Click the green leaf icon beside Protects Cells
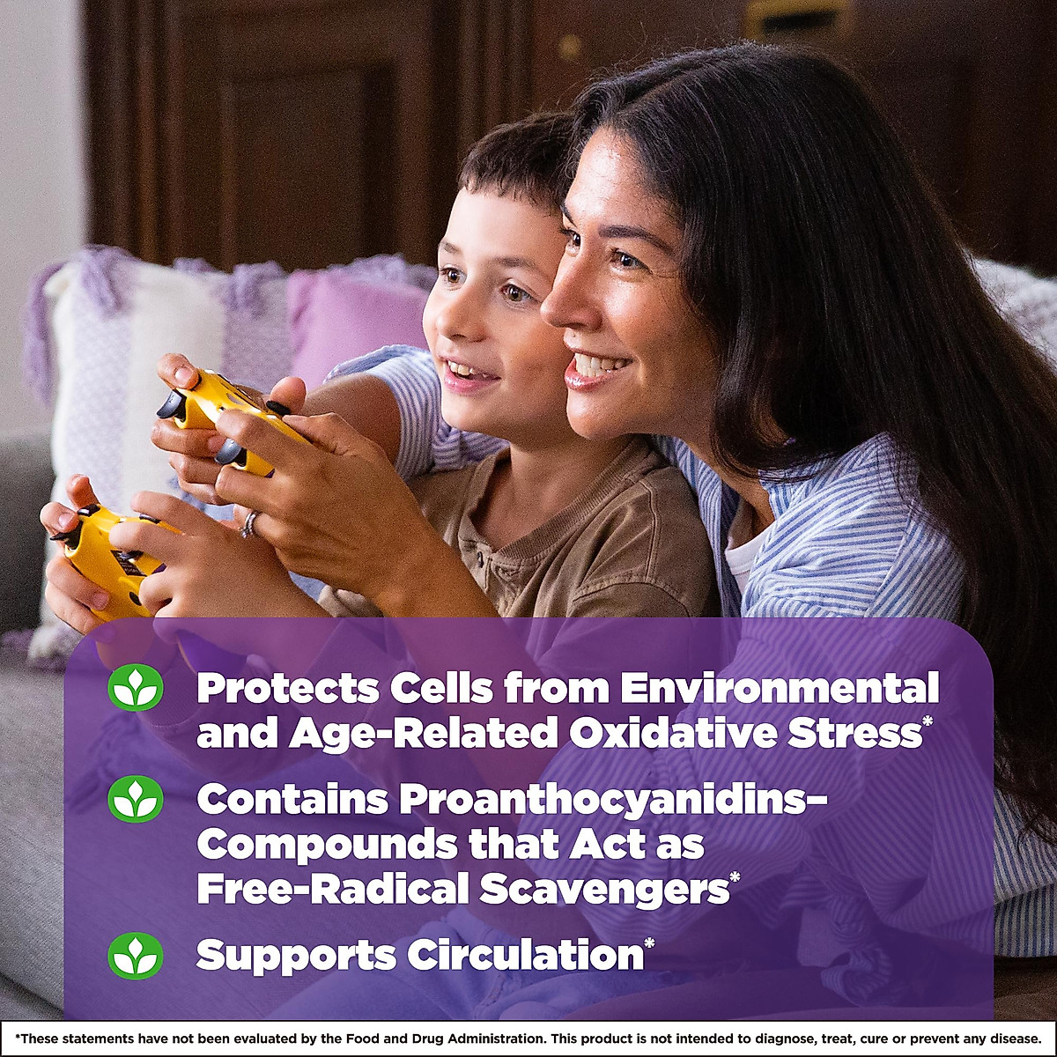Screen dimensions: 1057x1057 pyautogui.click(x=136, y=687)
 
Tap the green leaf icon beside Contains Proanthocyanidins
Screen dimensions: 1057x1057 pyautogui.click(x=136, y=799)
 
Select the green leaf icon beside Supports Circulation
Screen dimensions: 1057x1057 pyautogui.click(x=136, y=956)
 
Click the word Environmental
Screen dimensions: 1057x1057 pyautogui.click(x=780, y=688)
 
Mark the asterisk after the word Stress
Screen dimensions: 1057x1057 pyautogui.click(x=927, y=724)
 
